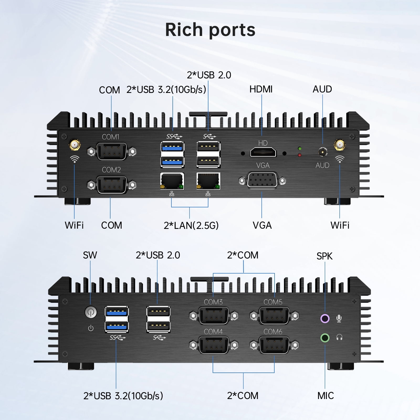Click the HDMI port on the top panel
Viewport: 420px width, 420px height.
[x=263, y=152]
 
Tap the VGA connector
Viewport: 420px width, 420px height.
[x=262, y=180]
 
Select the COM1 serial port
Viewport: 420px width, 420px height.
[x=112, y=151]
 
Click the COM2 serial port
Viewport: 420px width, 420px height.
[x=112, y=185]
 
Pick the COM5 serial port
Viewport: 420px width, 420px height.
[x=274, y=315]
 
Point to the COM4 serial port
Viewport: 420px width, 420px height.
[x=214, y=345]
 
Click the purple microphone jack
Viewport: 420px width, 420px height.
[x=325, y=318]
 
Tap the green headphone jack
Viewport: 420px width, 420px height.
[x=325, y=338]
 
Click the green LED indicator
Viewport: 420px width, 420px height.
[x=300, y=149]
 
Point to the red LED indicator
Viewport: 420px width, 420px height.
[x=300, y=155]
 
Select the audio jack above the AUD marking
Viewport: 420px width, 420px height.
[x=323, y=152]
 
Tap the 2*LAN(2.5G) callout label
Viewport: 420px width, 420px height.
[x=191, y=225]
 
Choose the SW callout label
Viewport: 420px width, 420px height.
[x=90, y=255]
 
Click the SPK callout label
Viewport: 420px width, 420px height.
[x=324, y=256]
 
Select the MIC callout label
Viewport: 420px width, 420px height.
[x=325, y=396]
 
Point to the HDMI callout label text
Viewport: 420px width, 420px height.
[x=261, y=89]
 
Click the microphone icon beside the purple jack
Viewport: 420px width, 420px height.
[x=339, y=319]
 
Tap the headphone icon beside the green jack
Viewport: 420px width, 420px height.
[x=339, y=337]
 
